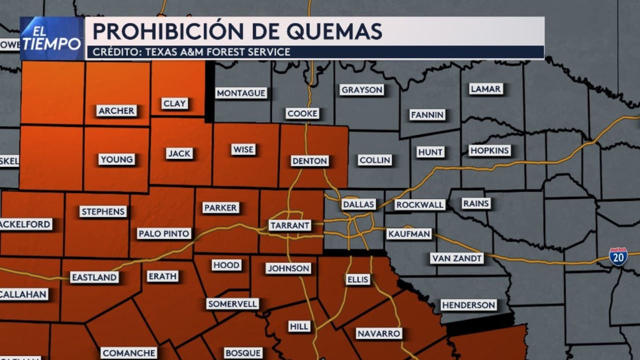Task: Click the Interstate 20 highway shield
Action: [618, 257]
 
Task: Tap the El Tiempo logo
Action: [52, 38]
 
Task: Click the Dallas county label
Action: [358, 204]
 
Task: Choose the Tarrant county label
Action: [290, 225]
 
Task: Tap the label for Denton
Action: [310, 161]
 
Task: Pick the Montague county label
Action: [241, 93]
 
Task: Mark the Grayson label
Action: [361, 90]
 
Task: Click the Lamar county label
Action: [485, 89]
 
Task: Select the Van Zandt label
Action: [457, 258]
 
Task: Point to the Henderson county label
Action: [468, 305]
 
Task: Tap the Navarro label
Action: [379, 333]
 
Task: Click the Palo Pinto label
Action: [164, 233]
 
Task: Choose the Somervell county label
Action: [232, 304]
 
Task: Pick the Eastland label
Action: [94, 277]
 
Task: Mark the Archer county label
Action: [116, 111]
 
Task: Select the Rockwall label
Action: [419, 205]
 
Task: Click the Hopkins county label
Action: [489, 150]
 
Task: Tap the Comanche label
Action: [129, 353]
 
